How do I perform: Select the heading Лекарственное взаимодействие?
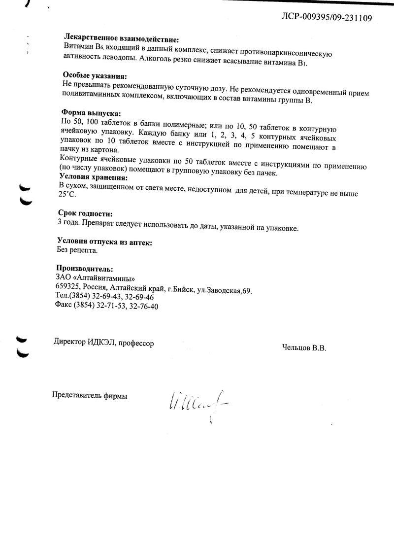(121, 39)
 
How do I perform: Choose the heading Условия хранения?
(93, 177)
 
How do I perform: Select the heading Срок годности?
(85, 214)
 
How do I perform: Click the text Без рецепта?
(77, 250)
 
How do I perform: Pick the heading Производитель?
(84, 269)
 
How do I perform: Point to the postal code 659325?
(68, 288)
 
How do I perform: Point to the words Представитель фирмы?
(89, 395)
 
